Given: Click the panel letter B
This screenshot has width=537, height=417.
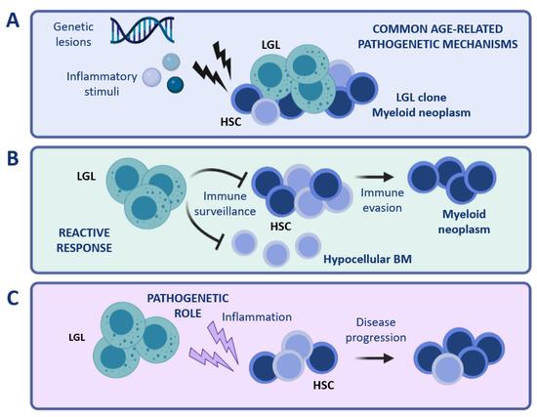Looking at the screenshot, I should click(x=14, y=155).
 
